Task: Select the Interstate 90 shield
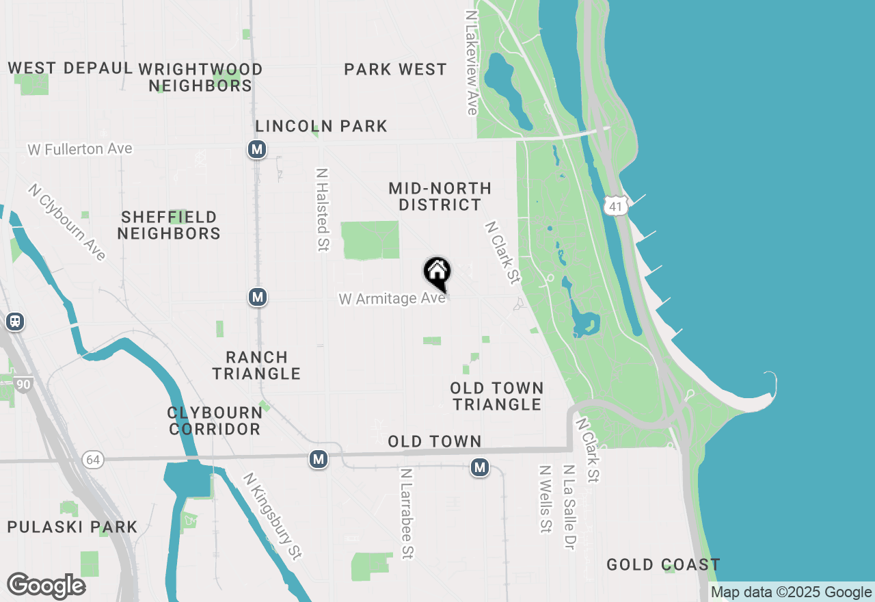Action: [x=23, y=384]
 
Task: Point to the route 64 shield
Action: [x=93, y=459]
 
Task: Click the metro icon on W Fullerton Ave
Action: [x=257, y=149]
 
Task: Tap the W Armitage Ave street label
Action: [x=392, y=299]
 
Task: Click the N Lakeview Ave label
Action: [x=471, y=62]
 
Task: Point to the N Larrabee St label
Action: [x=407, y=513]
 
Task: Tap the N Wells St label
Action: [x=545, y=499]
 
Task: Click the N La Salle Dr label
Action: [x=568, y=507]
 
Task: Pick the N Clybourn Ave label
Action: [x=68, y=222]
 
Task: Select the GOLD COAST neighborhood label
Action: [x=663, y=564]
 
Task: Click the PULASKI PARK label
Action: [x=72, y=527]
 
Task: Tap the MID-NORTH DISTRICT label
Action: [x=440, y=196]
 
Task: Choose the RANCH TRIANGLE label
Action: [x=256, y=365]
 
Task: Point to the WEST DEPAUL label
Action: [x=70, y=68]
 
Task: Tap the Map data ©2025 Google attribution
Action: [x=791, y=592]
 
